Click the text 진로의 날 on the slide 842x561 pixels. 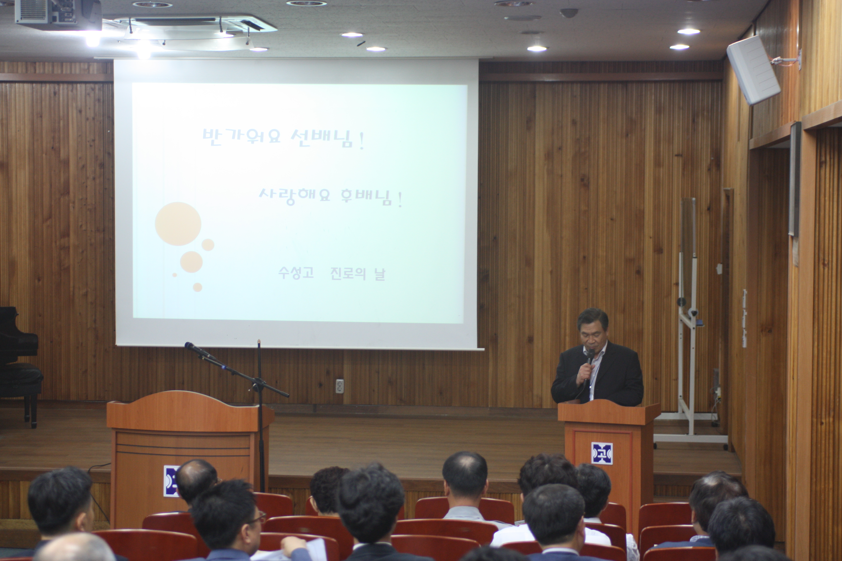358,274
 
